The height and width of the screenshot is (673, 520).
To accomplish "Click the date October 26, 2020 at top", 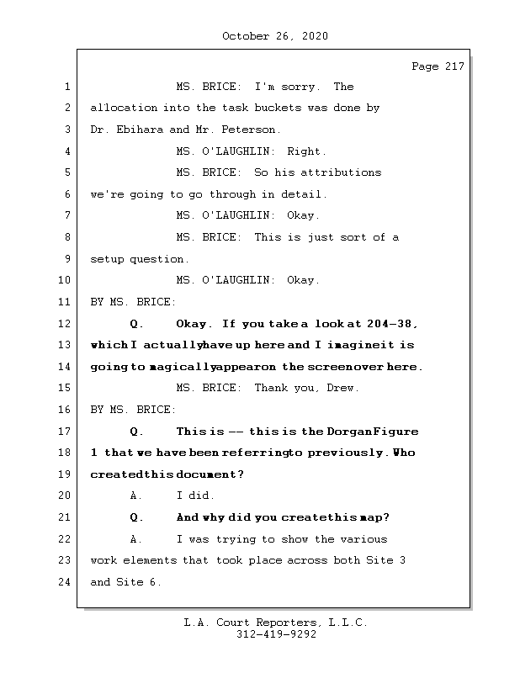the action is (275, 36).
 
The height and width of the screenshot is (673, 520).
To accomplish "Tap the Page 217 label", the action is (438, 66).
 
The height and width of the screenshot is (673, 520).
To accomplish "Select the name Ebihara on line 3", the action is (140, 130).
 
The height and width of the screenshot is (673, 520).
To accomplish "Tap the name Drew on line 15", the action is (342, 388).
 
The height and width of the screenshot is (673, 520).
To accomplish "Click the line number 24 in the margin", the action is (64, 582).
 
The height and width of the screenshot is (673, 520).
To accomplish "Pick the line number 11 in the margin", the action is (64, 302).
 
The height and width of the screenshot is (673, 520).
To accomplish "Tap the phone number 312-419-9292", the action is (277, 634).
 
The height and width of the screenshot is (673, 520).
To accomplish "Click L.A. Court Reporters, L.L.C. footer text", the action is (276, 623).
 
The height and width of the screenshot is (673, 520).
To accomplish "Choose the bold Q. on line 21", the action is (136, 517).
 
